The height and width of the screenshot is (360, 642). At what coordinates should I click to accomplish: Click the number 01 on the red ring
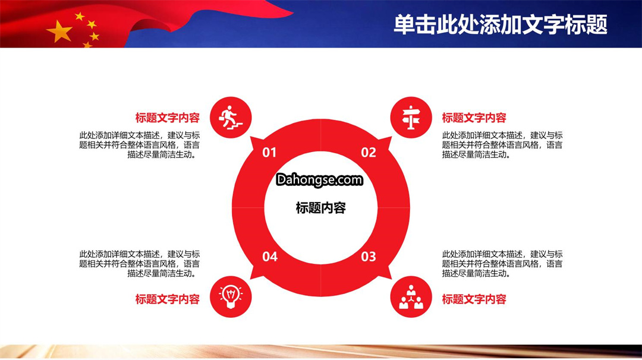269,153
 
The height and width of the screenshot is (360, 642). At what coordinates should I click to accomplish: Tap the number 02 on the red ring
369,153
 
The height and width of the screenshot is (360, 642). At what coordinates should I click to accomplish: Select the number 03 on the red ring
369,257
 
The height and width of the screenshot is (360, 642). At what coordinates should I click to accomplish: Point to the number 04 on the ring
270,257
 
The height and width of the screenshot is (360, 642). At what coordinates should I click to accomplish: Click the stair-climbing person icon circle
231,118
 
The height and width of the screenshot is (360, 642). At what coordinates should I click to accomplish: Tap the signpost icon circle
411,118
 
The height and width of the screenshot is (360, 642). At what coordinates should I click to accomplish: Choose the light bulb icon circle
231,296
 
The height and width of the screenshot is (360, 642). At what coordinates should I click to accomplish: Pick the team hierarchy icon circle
411,296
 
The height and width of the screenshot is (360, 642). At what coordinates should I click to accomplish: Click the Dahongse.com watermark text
319,180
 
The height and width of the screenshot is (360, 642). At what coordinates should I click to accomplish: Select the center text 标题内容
320,208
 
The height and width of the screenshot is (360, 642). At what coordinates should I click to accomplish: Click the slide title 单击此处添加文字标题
501,24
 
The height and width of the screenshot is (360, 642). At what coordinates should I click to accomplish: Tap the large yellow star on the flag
60,31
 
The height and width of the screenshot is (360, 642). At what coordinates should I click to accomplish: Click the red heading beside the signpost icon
474,118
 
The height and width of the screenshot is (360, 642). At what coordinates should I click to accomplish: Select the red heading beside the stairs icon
168,118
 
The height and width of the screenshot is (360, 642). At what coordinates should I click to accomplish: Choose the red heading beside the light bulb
168,299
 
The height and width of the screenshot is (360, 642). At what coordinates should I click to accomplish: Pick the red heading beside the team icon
474,299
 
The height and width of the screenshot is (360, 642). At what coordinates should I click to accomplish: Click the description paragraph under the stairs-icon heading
140,145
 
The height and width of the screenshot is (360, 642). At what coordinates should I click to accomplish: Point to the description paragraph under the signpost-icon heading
502,145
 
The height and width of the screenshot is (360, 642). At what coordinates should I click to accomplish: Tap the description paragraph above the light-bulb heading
140,264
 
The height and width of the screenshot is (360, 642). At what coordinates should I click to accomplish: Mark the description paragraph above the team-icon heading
502,264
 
